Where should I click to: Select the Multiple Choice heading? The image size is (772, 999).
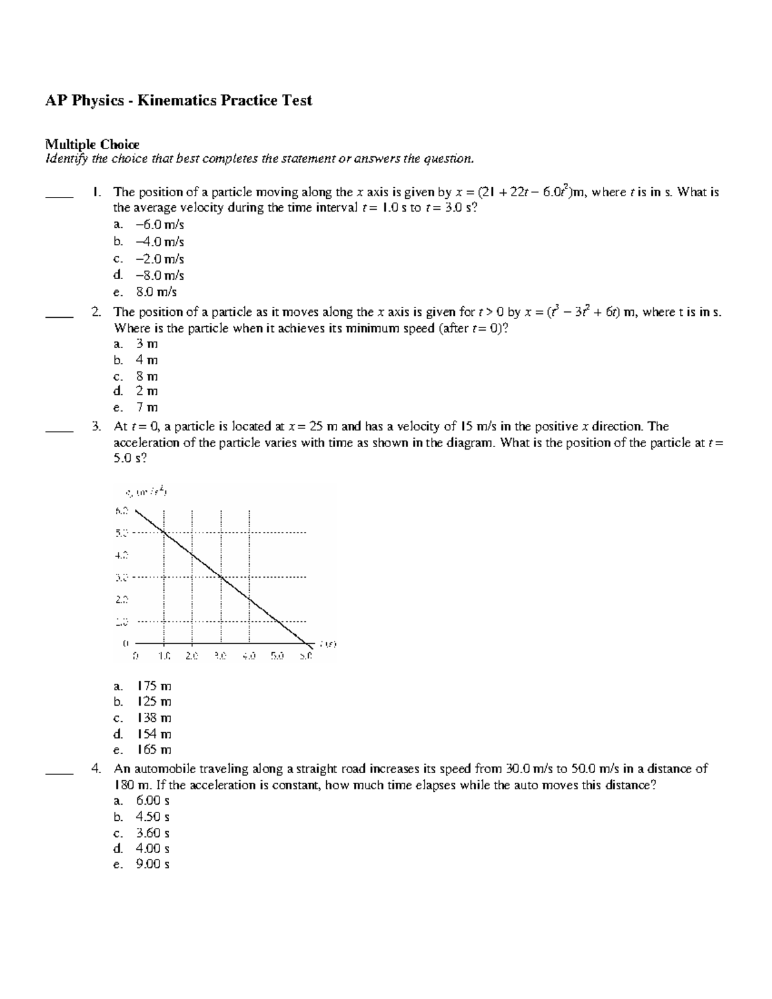pos(91,144)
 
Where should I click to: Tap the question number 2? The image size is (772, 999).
pos(96,312)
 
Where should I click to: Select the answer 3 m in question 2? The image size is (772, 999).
pos(147,344)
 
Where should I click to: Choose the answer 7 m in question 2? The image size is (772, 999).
pos(147,407)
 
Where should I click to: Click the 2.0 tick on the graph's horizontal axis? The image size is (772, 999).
pos(192,657)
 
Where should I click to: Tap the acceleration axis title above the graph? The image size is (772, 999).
pos(147,493)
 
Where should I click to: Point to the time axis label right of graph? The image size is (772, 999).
pos(329,643)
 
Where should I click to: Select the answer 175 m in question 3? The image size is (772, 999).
pos(154,686)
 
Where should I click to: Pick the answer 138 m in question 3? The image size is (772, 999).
pos(154,718)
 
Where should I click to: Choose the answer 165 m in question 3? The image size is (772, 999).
pos(154,749)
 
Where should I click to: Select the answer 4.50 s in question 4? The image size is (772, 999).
pos(152,817)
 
